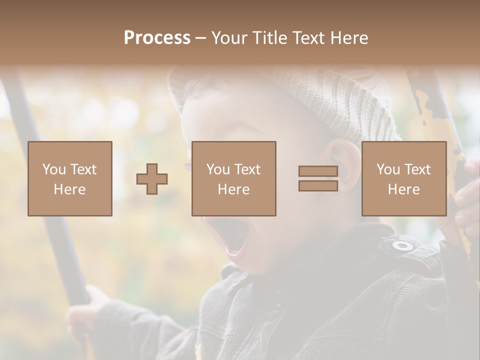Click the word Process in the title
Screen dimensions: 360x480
157,38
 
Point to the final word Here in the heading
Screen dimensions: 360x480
348,38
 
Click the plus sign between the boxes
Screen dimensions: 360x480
152,179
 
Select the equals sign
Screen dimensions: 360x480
318,178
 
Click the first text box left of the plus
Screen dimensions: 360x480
70,179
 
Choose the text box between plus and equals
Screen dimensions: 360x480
234,179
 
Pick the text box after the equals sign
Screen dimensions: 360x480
404,179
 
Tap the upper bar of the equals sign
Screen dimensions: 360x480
318,171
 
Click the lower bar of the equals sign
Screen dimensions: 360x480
318,185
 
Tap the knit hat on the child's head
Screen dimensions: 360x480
320,95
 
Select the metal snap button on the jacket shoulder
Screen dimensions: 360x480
402,245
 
